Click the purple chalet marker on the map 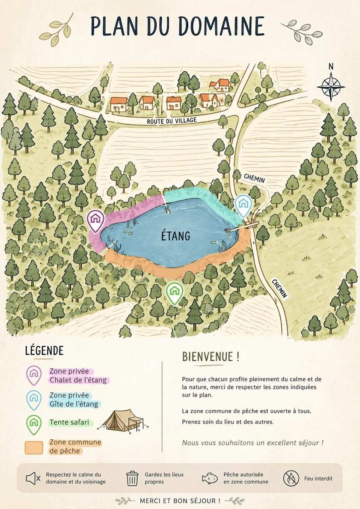96,220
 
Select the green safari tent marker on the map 175,292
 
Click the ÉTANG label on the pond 175,236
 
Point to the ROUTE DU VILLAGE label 171,121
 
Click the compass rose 331,87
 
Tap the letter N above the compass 331,66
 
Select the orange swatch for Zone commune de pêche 34,447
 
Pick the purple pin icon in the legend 34,375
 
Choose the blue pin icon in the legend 34,399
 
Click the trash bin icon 132,478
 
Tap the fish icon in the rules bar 210,478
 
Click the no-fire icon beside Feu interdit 291,478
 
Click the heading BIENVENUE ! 211,357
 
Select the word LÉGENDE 44,350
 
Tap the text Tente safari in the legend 69,422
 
